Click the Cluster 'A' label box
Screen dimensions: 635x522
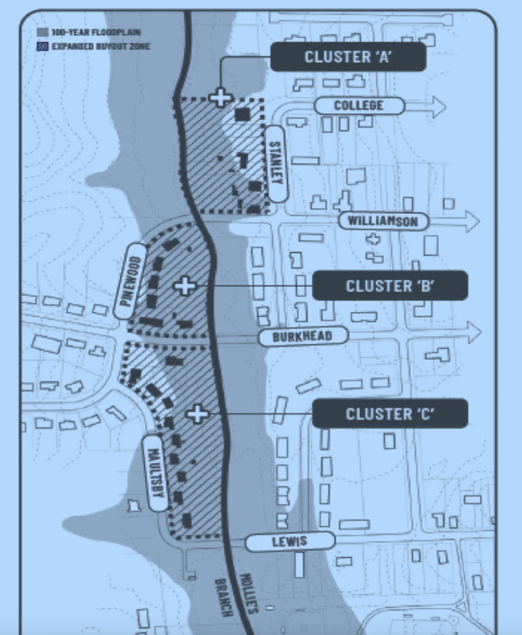(349, 57)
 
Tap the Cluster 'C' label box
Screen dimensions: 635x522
(390, 413)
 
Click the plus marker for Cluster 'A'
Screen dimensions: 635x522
(219, 97)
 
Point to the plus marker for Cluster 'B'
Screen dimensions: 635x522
(185, 285)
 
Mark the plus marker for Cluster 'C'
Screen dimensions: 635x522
(197, 413)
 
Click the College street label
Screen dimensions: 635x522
(359, 106)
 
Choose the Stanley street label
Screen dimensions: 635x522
(276, 163)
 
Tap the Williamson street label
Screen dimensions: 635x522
(383, 221)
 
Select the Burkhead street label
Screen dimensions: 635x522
(304, 336)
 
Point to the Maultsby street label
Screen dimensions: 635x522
(155, 472)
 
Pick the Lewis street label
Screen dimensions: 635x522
(291, 541)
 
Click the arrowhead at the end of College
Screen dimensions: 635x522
(436, 106)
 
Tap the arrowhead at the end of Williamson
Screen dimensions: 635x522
(470, 220)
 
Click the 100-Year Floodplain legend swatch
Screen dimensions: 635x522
(42, 31)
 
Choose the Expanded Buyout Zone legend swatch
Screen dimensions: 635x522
(42, 46)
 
